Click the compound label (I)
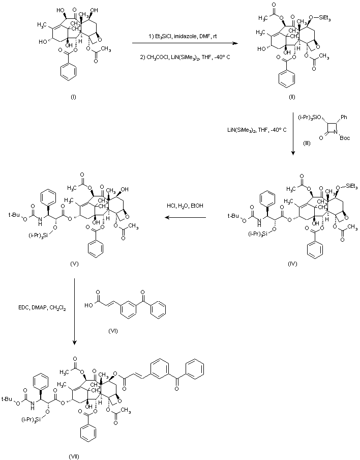tap(73, 97)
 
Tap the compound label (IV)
tap(291, 264)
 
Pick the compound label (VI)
tap(113, 331)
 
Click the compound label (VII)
tap(74, 454)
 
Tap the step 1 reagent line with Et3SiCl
tap(184, 34)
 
